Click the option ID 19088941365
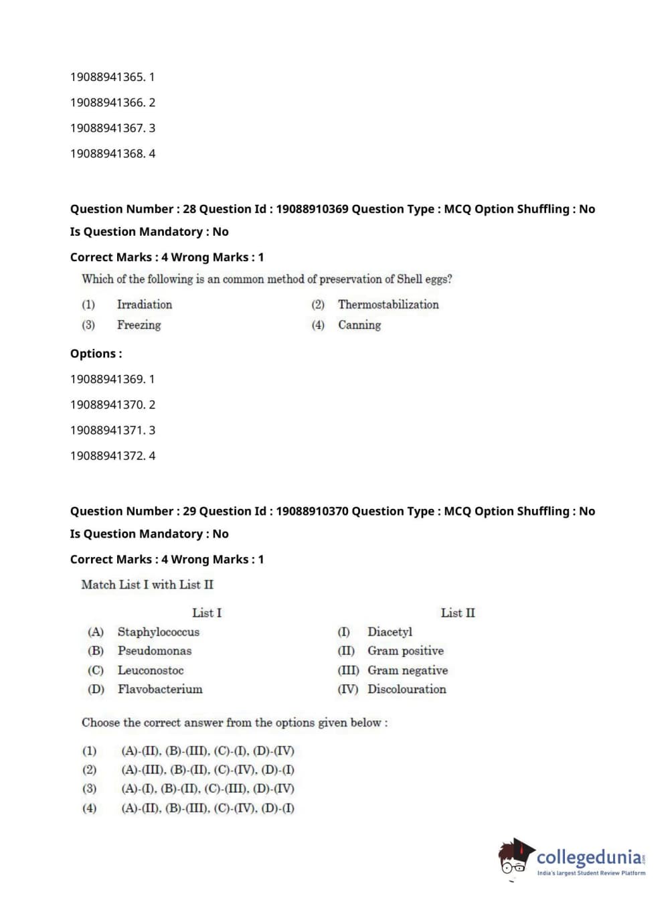coord(107,77)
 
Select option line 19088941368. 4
coord(112,153)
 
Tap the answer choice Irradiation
coord(144,305)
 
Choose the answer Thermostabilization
coord(388,305)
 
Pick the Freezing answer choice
coord(139,325)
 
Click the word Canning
coord(359,325)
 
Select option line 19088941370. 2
coord(112,404)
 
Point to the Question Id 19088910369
coord(312,209)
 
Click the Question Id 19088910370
coord(312,511)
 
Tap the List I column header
coord(206,613)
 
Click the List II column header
coord(458,613)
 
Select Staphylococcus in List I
coord(158,632)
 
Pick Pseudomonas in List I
coord(154,651)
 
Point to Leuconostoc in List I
coord(150,670)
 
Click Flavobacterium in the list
coord(159,689)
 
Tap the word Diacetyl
coord(390,632)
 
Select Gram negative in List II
coord(407,670)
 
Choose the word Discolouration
coord(406,689)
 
